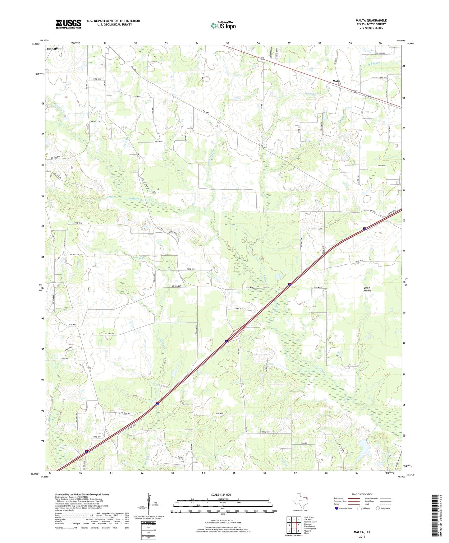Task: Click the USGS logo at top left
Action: (x=68, y=24)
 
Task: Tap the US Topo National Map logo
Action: (x=223, y=26)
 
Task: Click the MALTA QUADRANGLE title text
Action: (x=371, y=21)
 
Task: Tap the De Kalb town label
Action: (x=52, y=49)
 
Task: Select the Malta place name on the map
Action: (x=336, y=81)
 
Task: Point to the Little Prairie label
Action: (x=367, y=289)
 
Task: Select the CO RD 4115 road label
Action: (x=191, y=269)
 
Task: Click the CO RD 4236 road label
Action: (x=108, y=334)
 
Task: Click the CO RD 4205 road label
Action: (x=219, y=413)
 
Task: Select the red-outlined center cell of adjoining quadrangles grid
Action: (x=294, y=525)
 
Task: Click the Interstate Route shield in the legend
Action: (x=337, y=508)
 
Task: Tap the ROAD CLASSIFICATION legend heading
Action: (x=362, y=494)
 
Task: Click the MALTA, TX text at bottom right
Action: (x=362, y=532)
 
